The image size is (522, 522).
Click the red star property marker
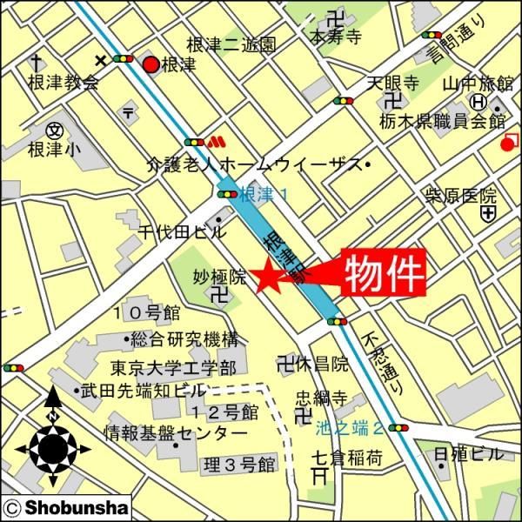[x=266, y=277]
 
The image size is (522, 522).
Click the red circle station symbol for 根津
[x=151, y=64]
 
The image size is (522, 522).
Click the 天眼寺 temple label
[x=392, y=84]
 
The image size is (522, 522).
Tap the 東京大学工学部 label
[x=173, y=367]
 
